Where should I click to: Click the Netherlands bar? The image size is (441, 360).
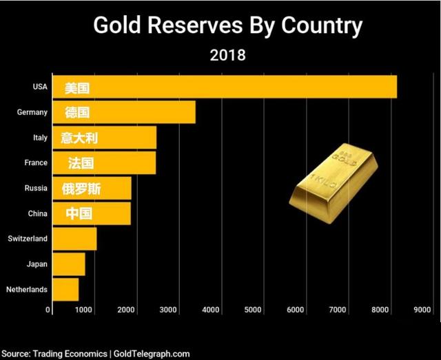65,289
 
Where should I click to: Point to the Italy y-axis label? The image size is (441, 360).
40,138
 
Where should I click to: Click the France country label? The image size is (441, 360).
37,163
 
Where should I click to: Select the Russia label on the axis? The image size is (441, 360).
36,188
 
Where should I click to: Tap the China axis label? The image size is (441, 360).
37,213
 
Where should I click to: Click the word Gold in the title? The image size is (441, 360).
116,25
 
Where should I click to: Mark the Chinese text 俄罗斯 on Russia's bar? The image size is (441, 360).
81,189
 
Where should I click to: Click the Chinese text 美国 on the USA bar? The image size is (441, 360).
78,88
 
